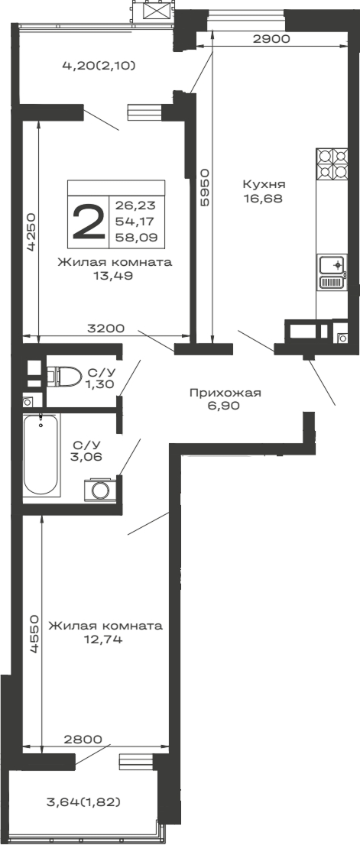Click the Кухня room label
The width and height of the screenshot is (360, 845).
click(x=264, y=184)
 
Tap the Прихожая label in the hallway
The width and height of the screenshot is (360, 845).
click(x=225, y=393)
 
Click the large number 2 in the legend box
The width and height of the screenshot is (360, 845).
click(x=89, y=222)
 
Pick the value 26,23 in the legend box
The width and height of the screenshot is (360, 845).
click(x=131, y=205)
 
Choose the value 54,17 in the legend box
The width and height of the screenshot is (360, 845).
click(x=131, y=222)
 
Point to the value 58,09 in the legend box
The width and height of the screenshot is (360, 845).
click(x=131, y=238)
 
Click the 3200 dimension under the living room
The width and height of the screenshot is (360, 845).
click(x=106, y=329)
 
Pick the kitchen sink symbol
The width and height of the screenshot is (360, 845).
click(x=332, y=265)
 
